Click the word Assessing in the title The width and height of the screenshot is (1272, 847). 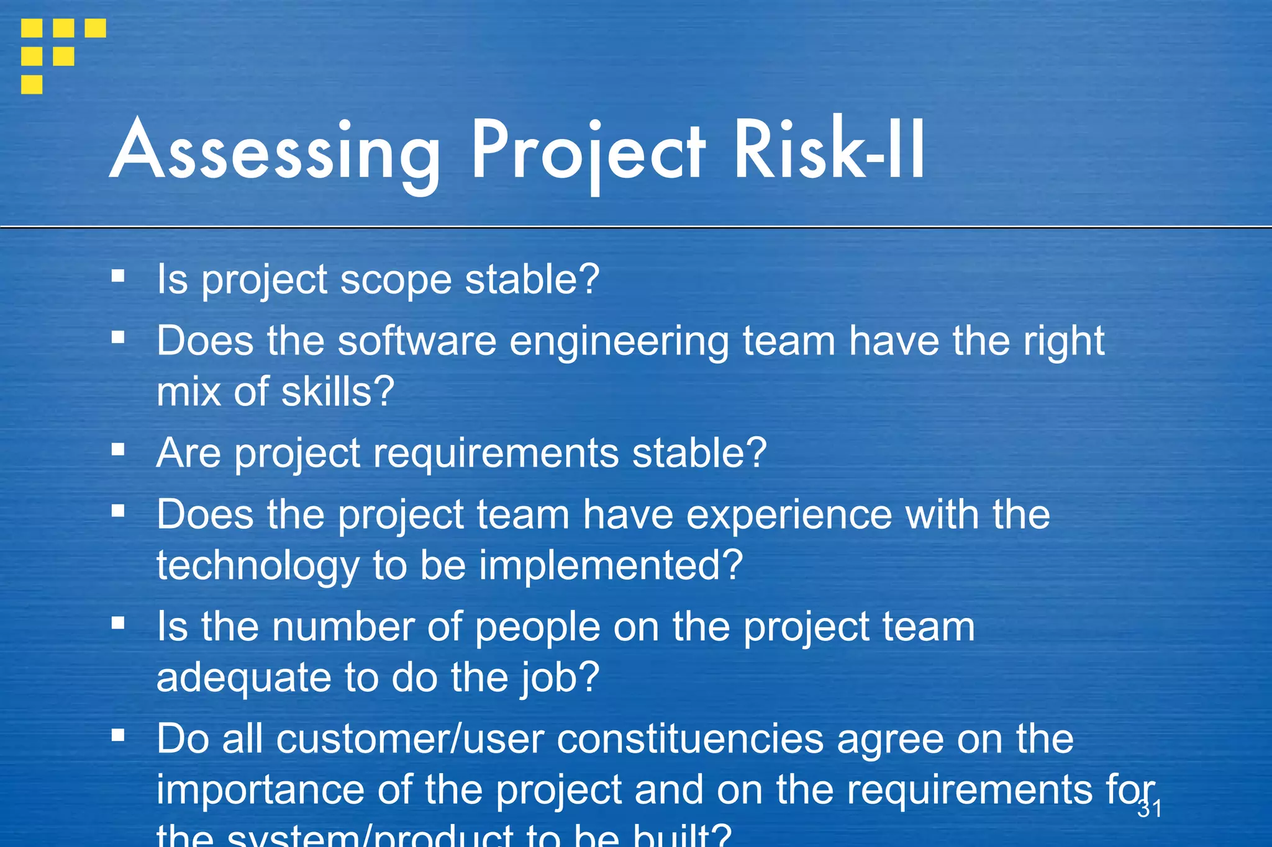(x=275, y=152)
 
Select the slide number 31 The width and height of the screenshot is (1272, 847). (x=1149, y=809)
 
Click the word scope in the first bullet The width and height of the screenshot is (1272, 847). (x=396, y=280)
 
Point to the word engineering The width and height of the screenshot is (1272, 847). (x=619, y=343)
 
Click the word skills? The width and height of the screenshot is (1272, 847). (x=337, y=392)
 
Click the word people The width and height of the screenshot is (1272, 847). (x=537, y=627)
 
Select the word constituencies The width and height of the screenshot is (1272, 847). (x=689, y=740)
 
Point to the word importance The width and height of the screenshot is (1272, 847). (x=260, y=790)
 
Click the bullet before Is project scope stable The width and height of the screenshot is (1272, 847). (x=118, y=276)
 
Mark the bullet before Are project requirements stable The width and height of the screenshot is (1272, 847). (x=118, y=449)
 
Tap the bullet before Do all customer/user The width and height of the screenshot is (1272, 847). (x=118, y=735)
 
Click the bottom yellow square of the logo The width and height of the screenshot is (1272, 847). (x=32, y=84)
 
